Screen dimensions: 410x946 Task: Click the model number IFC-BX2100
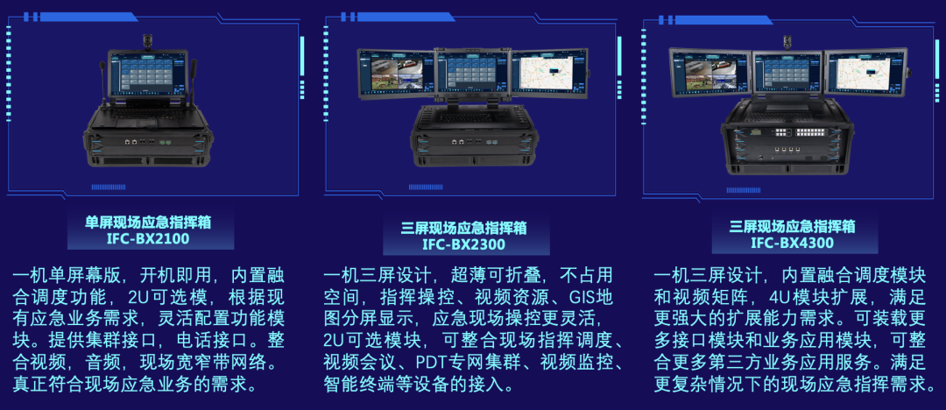[x=148, y=238]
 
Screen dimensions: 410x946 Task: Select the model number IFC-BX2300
[x=463, y=244]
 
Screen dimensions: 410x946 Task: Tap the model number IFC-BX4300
[x=792, y=243]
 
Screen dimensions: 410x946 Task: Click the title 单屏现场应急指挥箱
[x=148, y=223]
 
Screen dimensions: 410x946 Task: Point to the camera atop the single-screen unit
[x=147, y=40]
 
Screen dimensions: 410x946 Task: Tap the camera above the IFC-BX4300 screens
[x=787, y=41]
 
